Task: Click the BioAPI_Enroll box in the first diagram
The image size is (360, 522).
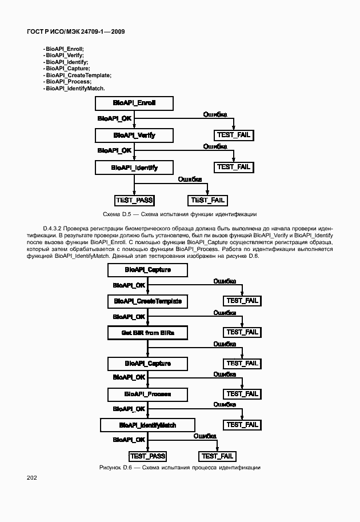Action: coord(134,103)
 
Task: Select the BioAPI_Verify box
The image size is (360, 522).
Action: coord(134,136)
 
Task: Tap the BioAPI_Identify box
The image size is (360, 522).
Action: coord(134,168)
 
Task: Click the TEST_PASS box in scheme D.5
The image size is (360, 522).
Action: coord(135,200)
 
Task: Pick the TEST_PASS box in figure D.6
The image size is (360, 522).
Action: coord(148,456)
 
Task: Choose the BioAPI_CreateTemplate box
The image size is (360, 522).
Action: coord(147,301)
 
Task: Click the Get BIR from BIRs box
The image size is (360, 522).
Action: coord(147,332)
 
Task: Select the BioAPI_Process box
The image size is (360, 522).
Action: coord(147,394)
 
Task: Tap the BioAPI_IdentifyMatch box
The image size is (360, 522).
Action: coord(147,425)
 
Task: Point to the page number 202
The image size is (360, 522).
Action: coord(32,477)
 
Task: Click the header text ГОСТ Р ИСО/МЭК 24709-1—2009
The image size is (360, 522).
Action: coord(76,31)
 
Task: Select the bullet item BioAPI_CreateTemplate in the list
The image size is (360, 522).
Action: coord(78,75)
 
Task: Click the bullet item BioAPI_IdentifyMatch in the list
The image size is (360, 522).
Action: coord(75,89)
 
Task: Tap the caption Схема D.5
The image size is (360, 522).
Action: coord(179,214)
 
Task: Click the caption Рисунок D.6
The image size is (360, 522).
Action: coord(179,468)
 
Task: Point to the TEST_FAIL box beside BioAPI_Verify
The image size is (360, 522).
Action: coord(233,136)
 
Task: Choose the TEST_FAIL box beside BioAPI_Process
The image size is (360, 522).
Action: coord(242,394)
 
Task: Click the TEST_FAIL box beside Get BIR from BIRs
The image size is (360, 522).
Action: coord(242,332)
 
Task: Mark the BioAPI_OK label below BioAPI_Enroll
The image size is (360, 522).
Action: coord(114,118)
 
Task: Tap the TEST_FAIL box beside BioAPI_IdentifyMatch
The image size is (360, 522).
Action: coord(242,425)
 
